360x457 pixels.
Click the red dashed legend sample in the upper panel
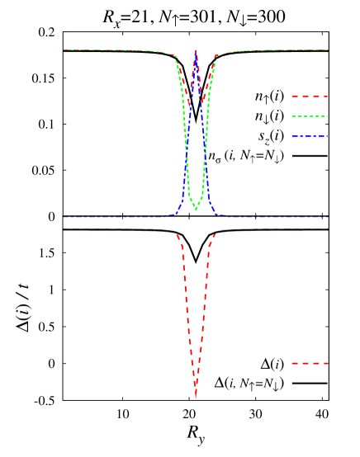point(310,97)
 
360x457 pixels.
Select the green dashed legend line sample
point(310,116)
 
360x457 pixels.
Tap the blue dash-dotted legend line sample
point(310,137)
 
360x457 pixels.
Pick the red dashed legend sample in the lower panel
point(310,363)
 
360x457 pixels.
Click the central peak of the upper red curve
point(196,51)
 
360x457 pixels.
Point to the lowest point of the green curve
point(196,210)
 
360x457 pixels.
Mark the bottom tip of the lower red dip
point(196,398)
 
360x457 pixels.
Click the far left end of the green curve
point(64,50)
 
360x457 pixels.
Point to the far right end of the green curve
point(328,50)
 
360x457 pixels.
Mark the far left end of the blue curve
point(64,217)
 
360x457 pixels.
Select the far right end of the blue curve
point(328,217)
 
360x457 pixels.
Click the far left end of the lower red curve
point(64,228)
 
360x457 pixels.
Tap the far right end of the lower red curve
point(328,228)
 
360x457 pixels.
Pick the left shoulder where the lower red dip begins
point(175,232)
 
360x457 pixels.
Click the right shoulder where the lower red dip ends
point(216,232)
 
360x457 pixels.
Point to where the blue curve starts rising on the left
point(175,214)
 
